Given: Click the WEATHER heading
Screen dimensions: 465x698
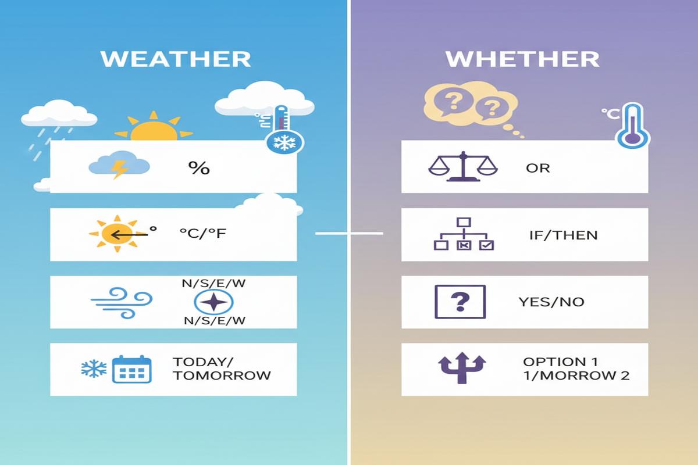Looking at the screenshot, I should pos(176,59).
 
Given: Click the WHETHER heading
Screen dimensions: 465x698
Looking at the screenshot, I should pos(522,59).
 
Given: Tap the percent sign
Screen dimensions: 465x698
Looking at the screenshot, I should pos(198,168).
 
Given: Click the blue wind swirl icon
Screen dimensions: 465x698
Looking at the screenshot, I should pos(122,302).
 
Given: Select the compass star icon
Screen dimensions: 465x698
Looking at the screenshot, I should pos(213,302).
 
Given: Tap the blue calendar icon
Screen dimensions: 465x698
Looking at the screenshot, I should pos(131,369).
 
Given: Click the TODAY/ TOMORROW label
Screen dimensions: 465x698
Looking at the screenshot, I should pos(221,369).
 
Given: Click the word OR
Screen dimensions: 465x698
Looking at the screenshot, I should pos(537,169).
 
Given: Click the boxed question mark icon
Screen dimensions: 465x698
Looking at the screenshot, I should pos(460,302).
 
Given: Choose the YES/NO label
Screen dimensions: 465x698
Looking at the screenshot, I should pos(551,302).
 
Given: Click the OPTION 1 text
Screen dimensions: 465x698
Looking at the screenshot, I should pos(554,362).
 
